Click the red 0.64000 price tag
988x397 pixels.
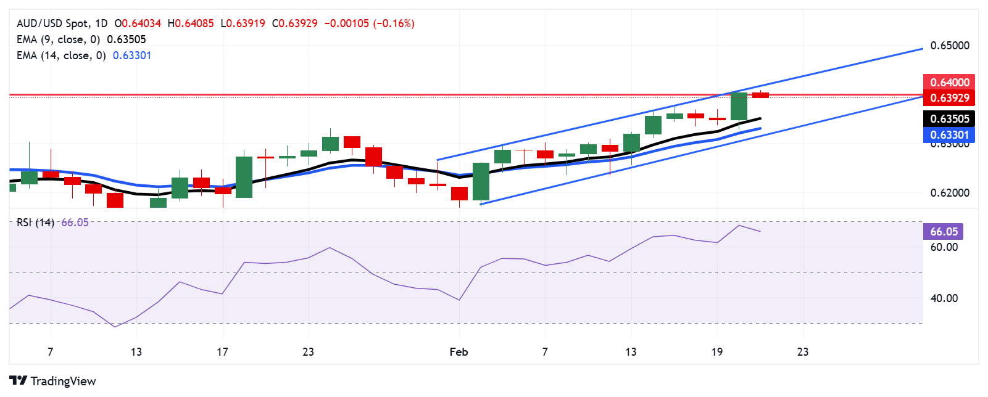949,82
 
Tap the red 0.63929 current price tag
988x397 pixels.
949,97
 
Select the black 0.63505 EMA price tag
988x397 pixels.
949,118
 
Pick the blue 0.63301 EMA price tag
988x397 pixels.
949,134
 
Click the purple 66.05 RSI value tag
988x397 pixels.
944,231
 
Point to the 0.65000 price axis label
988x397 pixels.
950,46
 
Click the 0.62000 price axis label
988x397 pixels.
950,193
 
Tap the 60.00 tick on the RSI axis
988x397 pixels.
944,247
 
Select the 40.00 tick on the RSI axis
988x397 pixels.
944,298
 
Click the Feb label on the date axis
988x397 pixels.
459,352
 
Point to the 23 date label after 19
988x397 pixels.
802,352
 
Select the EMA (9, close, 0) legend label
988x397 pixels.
58,39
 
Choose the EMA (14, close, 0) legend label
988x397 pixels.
61,55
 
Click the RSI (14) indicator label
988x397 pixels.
35,223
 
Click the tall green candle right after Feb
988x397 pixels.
481,181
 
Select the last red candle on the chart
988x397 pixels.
760,95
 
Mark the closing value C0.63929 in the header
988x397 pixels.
295,23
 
